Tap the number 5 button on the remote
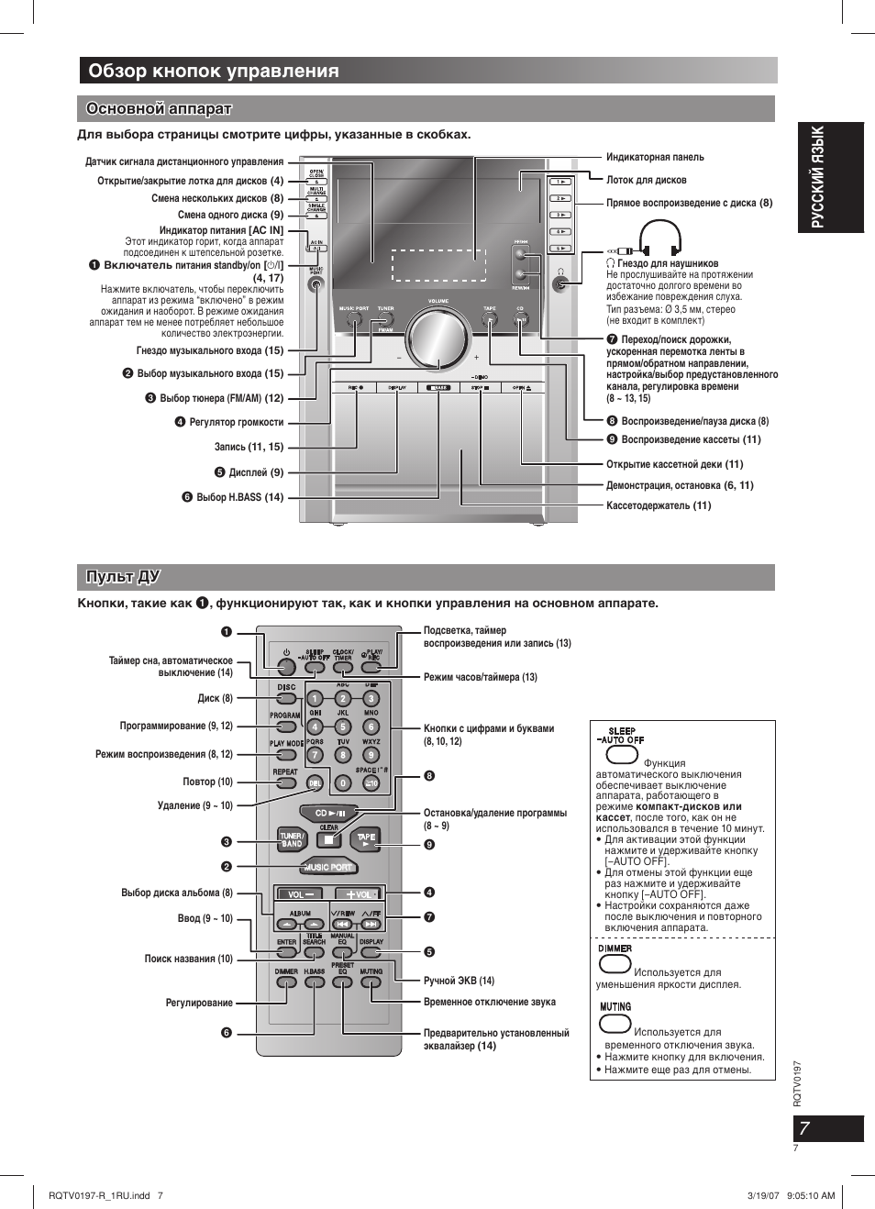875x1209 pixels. (343, 727)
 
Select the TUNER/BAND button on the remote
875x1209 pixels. (292, 839)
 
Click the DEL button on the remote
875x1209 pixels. (315, 783)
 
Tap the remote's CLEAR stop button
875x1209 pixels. (329, 839)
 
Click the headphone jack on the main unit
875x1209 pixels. (560, 284)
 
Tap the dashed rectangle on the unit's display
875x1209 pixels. (437, 265)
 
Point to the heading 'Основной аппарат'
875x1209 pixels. (159, 109)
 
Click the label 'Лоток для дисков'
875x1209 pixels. (646, 181)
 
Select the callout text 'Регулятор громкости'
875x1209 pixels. (236, 423)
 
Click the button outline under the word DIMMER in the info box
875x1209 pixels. (615, 964)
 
